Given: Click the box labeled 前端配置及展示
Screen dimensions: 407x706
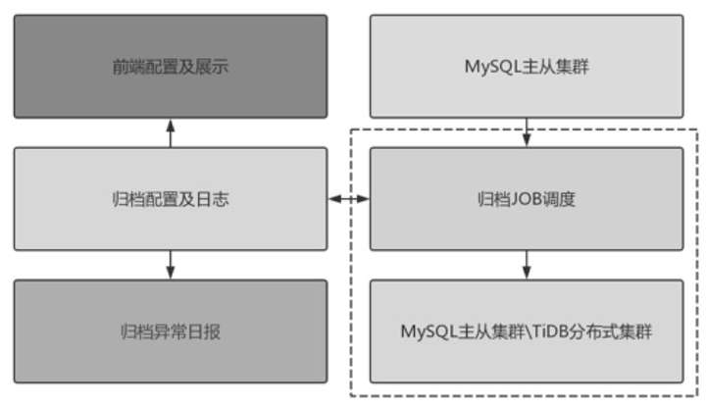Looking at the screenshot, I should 171,67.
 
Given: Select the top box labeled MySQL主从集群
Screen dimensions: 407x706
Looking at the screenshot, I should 527,67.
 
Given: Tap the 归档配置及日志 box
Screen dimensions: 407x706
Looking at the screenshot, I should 171,199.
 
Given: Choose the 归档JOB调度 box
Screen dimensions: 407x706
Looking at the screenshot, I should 527,199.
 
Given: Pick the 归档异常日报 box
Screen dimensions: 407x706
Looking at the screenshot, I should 171,331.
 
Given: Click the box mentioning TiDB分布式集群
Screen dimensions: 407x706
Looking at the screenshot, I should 527,331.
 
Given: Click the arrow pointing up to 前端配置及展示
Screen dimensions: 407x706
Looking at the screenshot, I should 171,133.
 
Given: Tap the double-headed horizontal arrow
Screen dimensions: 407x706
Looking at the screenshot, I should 348,200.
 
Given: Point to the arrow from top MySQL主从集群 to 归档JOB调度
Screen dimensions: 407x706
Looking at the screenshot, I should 528,132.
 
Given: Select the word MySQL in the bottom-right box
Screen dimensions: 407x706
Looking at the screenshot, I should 423,331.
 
